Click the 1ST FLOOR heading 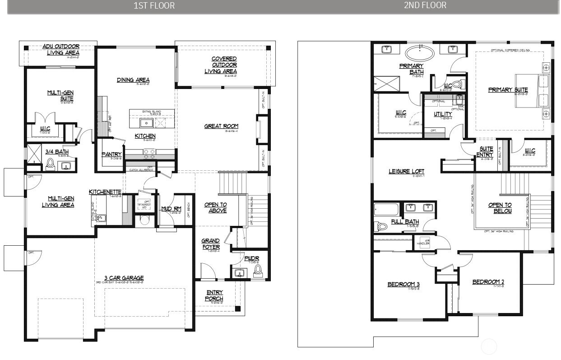point(154,6)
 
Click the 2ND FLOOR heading point(425,5)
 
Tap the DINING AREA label point(133,80)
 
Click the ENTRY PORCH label point(214,296)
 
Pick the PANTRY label point(111,154)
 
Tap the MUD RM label point(171,209)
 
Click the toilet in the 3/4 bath point(50,164)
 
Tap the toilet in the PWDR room point(258,270)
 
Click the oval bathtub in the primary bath point(420,54)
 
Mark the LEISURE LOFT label point(407,172)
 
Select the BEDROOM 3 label point(403,284)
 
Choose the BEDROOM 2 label point(488,282)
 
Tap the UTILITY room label point(443,114)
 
